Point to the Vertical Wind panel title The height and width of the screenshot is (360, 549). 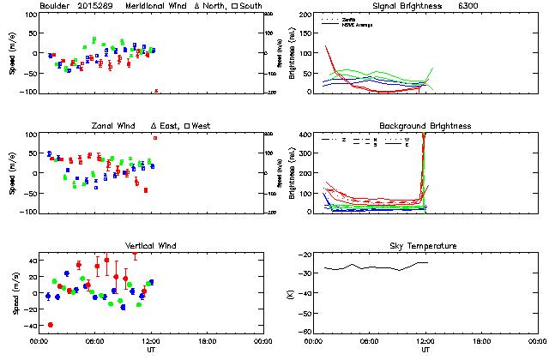(150, 246)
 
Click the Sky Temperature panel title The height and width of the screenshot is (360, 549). (425, 246)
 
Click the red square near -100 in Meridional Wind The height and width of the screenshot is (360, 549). (155, 91)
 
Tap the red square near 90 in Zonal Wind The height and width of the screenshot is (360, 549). (155, 138)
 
